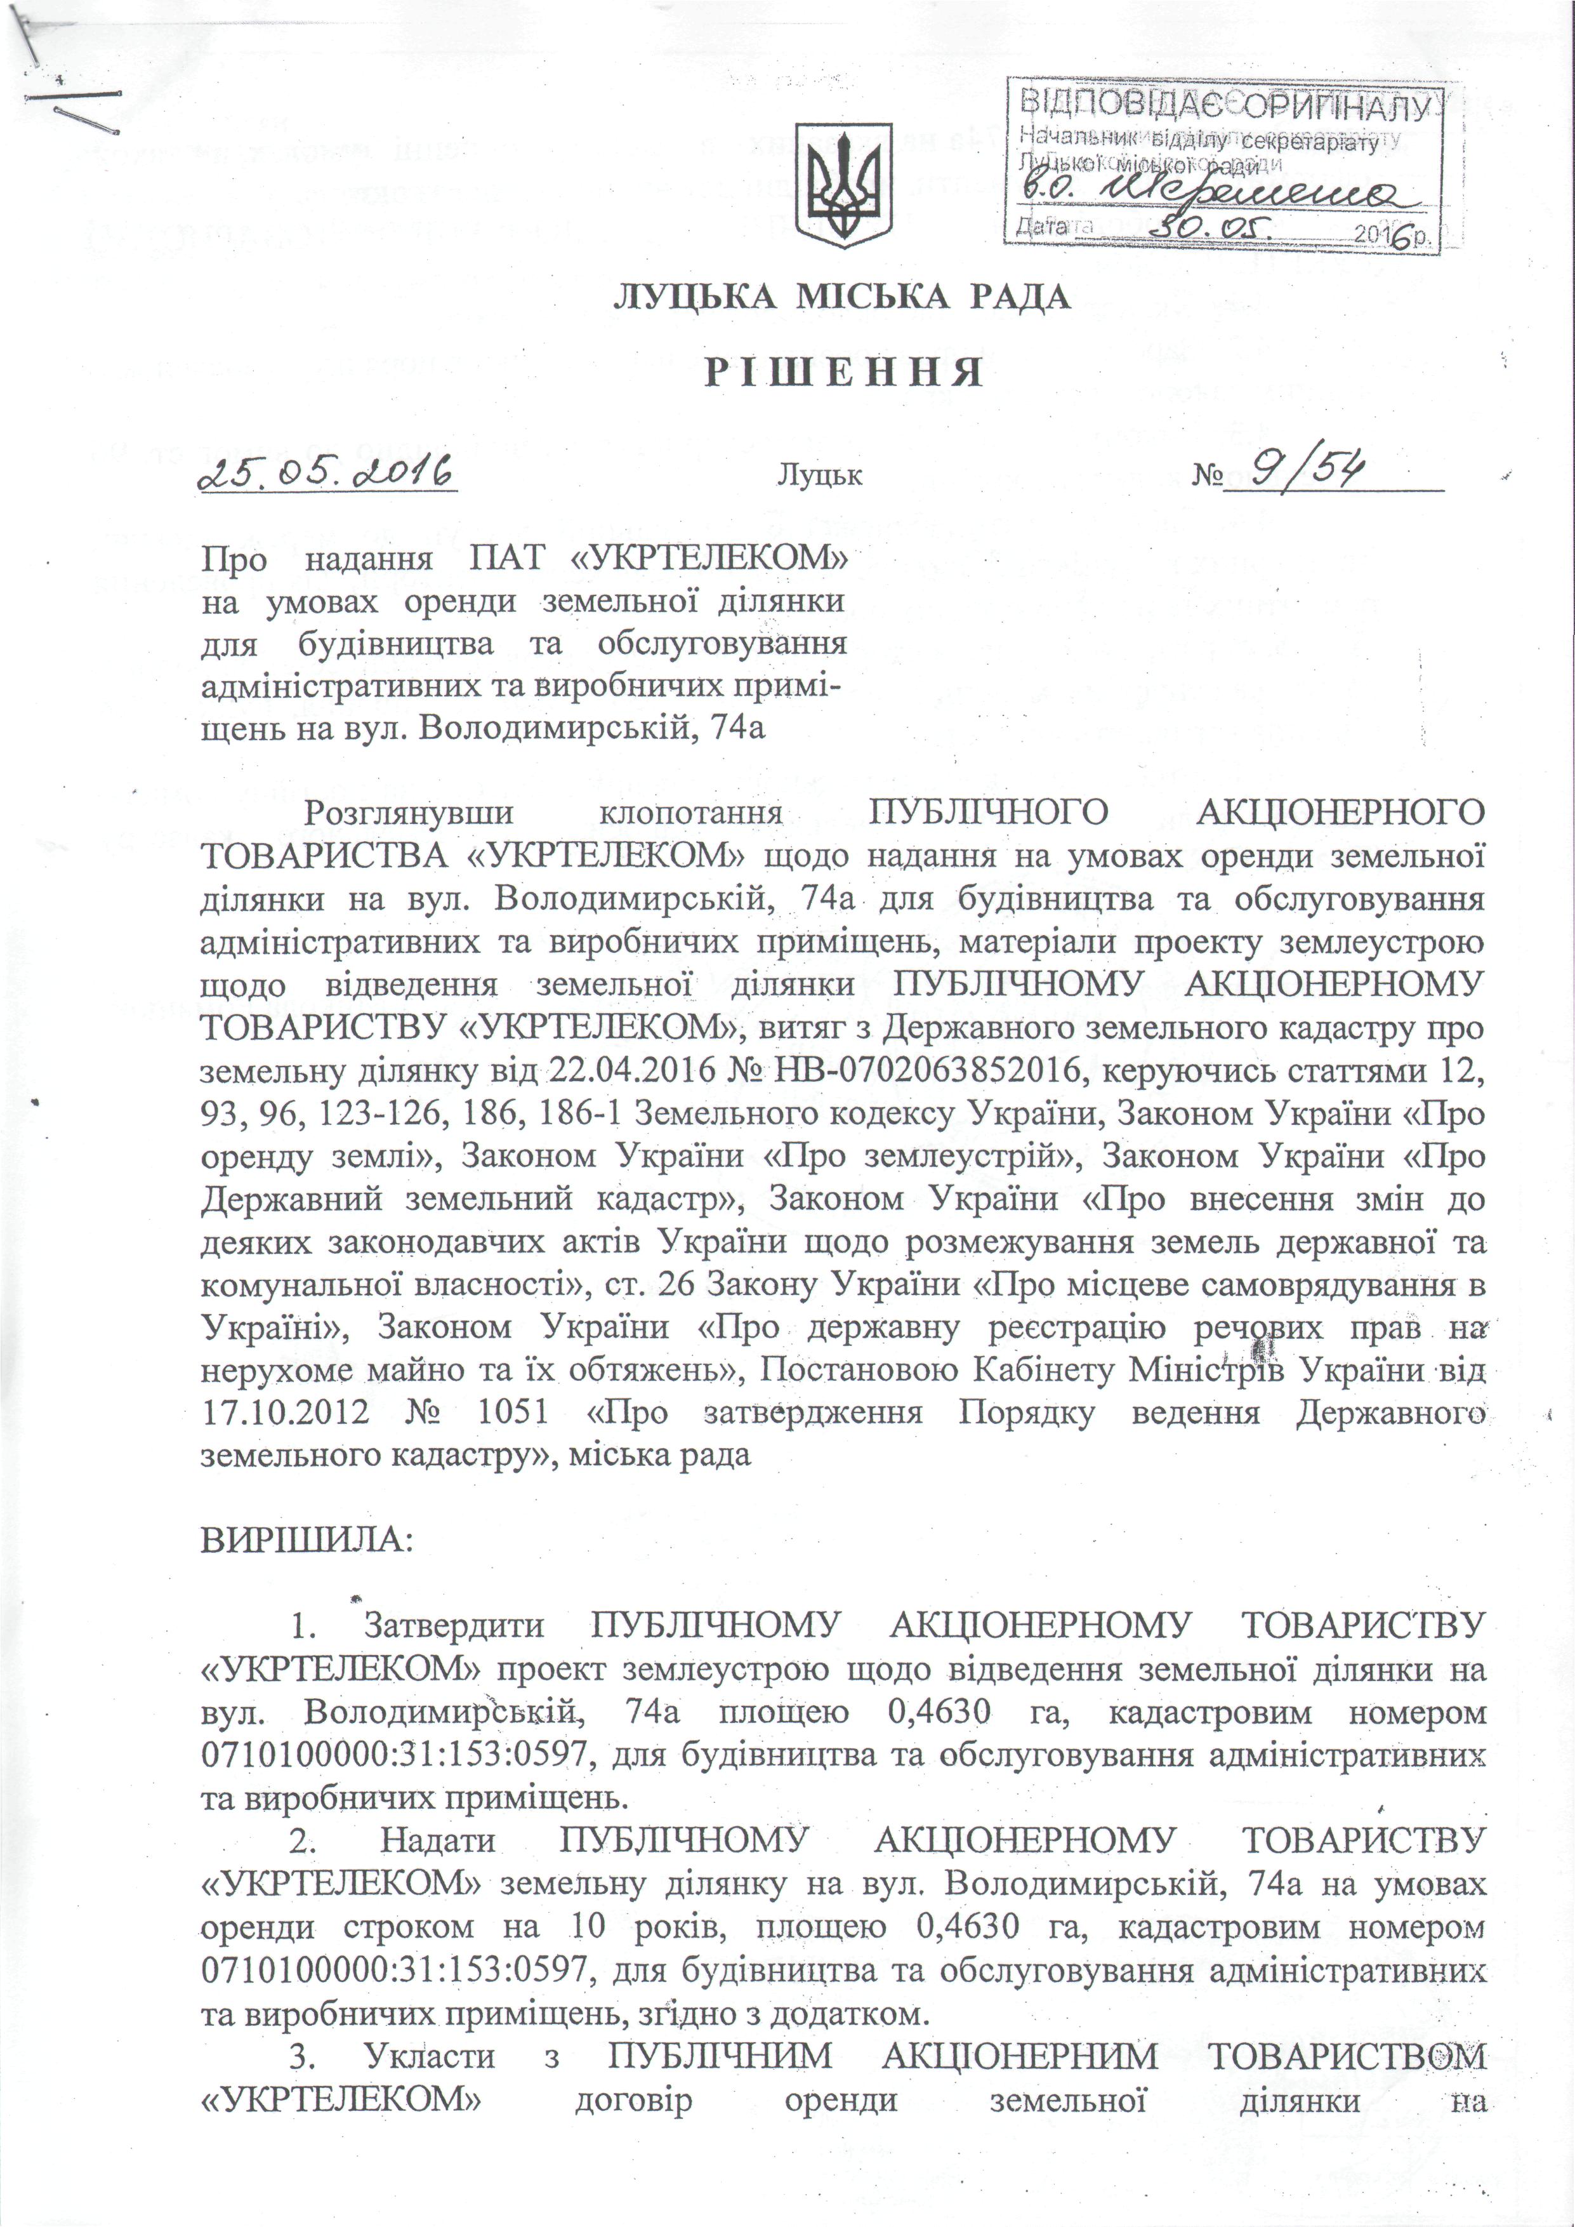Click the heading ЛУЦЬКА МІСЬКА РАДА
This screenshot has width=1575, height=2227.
point(842,297)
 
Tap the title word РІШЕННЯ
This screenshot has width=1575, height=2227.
point(842,373)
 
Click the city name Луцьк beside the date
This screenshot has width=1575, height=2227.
point(819,476)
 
